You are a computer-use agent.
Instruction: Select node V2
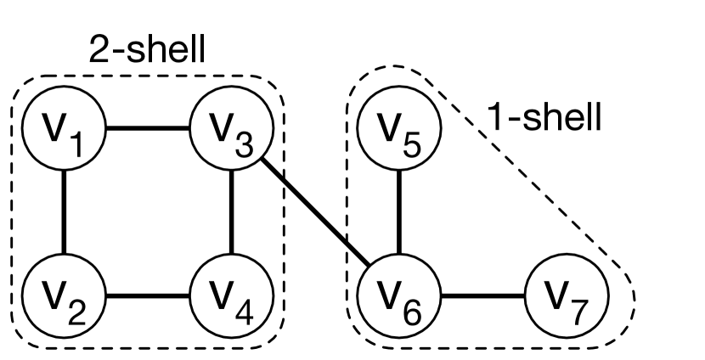click(x=63, y=297)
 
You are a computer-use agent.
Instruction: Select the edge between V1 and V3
click(x=147, y=130)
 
